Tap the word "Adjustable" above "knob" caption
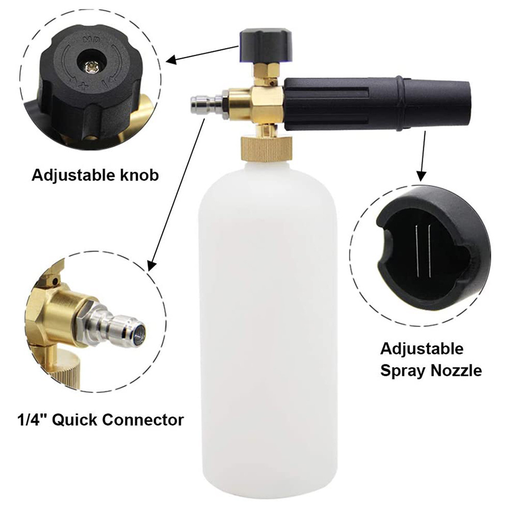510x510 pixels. coord(73,176)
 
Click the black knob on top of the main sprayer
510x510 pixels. coord(266,45)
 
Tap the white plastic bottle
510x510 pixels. coord(268,325)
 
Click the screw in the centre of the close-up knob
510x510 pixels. coord(90,67)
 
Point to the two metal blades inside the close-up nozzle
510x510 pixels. coord(423,251)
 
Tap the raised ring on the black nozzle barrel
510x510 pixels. coord(400,104)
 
